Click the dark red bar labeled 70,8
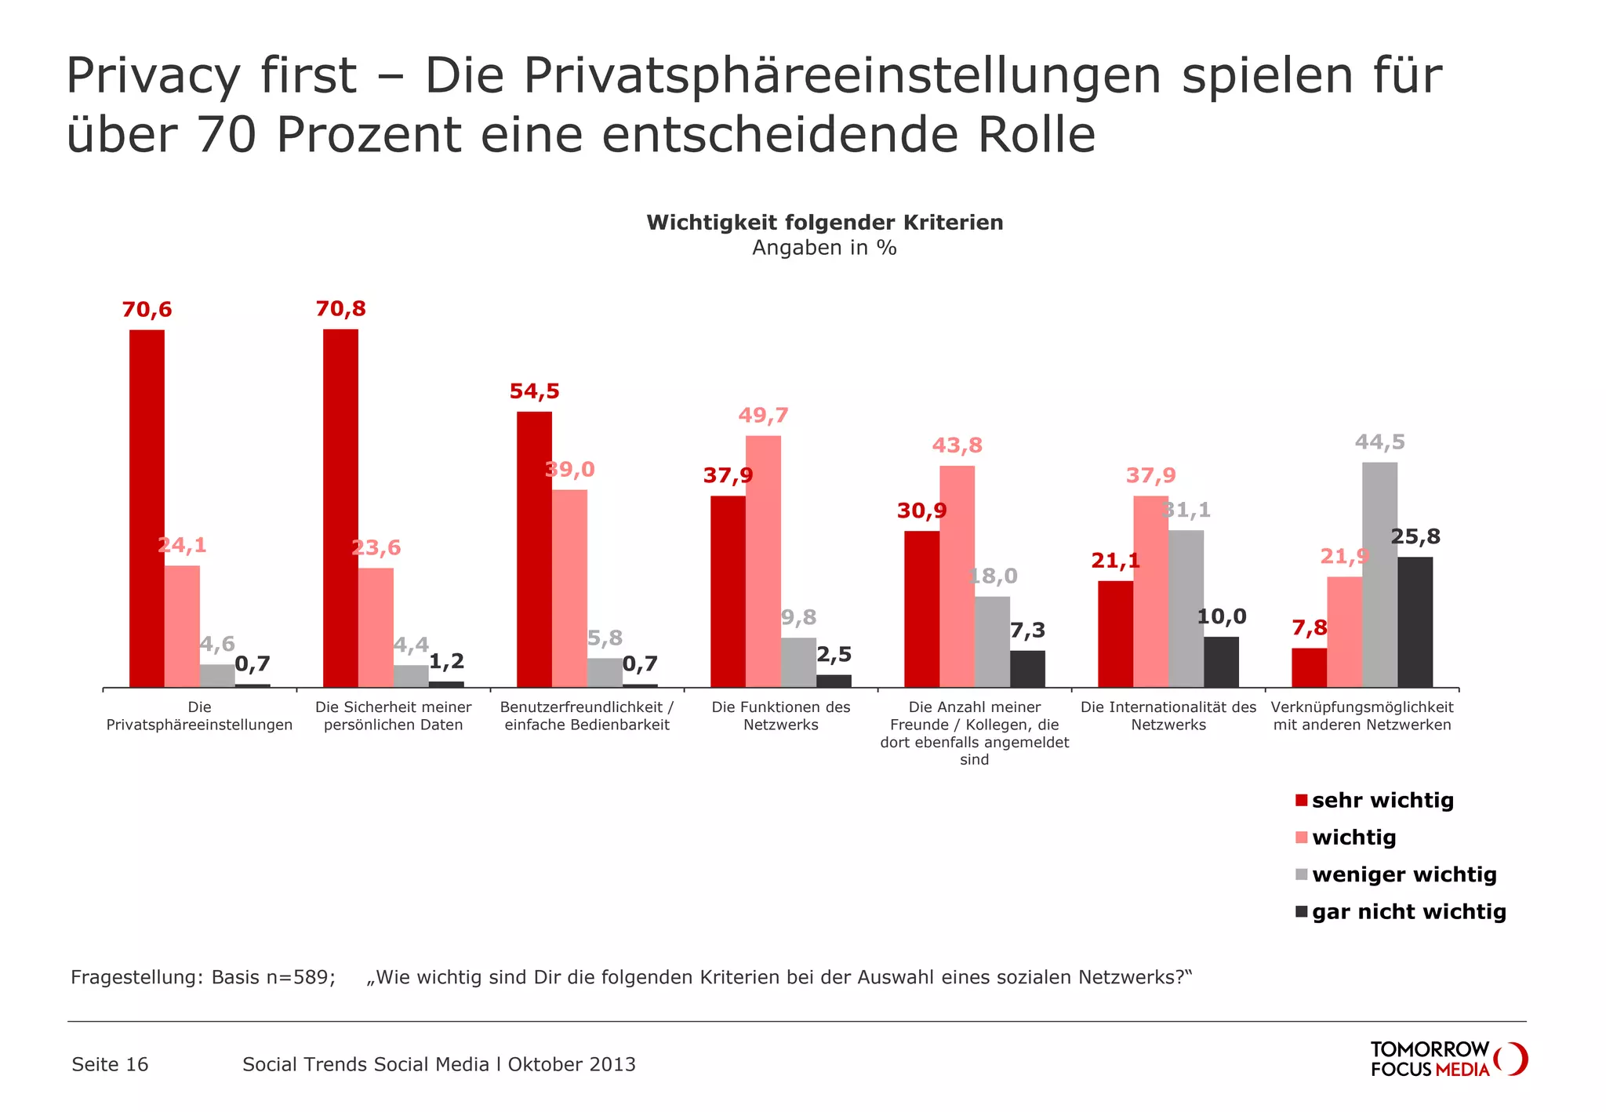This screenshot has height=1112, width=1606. (340, 508)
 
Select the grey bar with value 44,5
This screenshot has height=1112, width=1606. (1379, 575)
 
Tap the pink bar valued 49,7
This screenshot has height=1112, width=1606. (763, 561)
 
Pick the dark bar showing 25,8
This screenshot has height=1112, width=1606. (1415, 622)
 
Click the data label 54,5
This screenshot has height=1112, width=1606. (534, 391)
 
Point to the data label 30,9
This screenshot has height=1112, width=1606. (921, 511)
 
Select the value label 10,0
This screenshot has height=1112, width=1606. (1221, 616)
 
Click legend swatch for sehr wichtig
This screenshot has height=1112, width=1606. (1302, 801)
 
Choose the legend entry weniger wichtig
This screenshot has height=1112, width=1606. (1404, 874)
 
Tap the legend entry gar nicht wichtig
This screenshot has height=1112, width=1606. (1408, 912)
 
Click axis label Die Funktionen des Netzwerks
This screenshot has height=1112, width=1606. (781, 716)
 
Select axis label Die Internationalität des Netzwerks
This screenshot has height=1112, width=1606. (1168, 716)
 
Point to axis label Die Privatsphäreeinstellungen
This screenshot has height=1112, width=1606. (199, 716)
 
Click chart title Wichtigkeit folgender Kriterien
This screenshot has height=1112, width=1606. (824, 223)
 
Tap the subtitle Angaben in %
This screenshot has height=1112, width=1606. (824, 248)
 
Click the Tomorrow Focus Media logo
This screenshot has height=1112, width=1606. (1448, 1059)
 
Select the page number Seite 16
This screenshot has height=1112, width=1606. (110, 1064)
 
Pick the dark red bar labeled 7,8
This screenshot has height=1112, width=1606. (1309, 667)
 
